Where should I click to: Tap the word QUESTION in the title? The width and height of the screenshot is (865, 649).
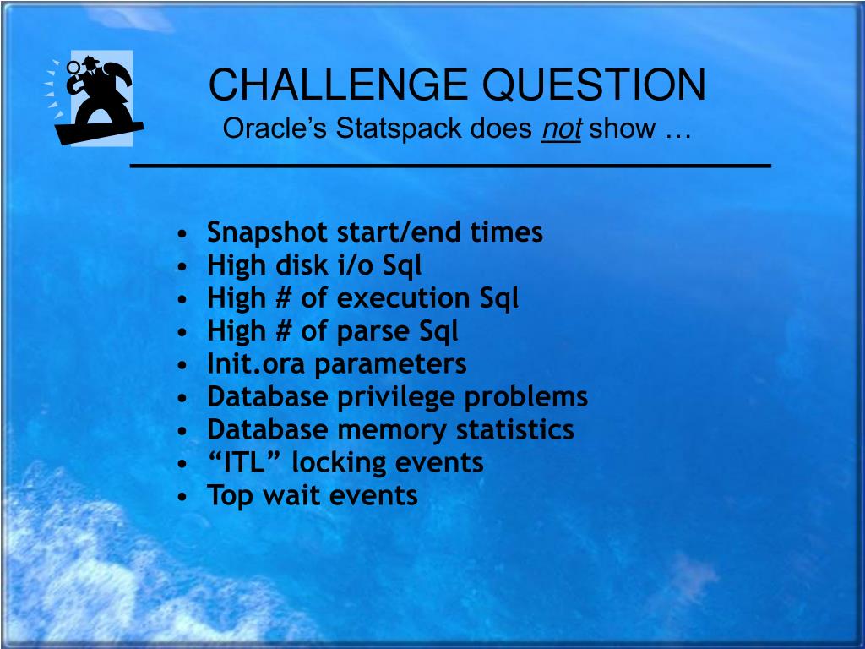click(594, 85)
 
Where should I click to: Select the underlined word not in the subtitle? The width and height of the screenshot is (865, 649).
click(561, 129)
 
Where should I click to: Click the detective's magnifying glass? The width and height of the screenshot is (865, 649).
click(73, 68)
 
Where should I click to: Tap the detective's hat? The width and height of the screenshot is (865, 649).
click(90, 61)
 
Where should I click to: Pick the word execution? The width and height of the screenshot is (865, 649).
click(403, 297)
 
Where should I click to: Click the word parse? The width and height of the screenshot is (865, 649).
click(373, 332)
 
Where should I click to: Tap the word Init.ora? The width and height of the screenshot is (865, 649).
click(256, 363)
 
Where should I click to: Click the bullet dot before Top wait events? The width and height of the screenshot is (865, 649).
click(183, 497)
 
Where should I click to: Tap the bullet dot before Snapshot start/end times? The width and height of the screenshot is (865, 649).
click(183, 233)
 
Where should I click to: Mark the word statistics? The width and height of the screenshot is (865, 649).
click(515, 429)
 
